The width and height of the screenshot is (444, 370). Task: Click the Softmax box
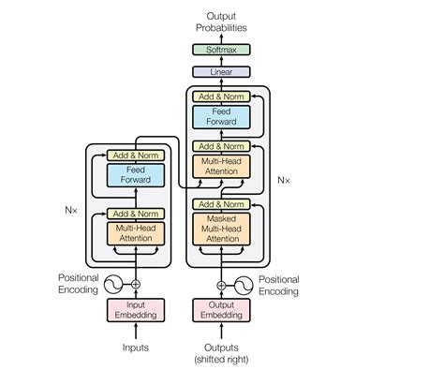point(222,50)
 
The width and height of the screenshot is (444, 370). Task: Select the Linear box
point(222,71)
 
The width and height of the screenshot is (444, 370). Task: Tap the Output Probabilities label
point(222,20)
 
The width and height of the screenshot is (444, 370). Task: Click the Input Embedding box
point(137,310)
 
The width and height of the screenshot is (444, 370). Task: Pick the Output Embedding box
point(222,310)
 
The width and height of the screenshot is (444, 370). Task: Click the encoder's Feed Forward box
point(137,175)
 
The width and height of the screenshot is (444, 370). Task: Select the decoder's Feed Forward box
point(222,116)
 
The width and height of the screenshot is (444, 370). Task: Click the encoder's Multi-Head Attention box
point(137,231)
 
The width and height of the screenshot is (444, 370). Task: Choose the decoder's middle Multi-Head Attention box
point(222,168)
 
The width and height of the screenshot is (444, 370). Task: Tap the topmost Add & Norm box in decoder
point(222,96)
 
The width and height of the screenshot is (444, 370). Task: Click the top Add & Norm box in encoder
point(137,155)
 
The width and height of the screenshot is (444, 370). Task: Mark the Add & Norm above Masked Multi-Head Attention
point(222,204)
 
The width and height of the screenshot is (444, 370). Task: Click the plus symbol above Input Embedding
point(137,284)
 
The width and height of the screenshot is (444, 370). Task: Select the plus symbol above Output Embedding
point(222,284)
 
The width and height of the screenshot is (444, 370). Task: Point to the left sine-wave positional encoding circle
point(113,284)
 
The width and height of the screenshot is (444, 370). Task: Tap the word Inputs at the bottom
point(137,348)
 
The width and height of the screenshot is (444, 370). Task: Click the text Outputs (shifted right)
point(222,354)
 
